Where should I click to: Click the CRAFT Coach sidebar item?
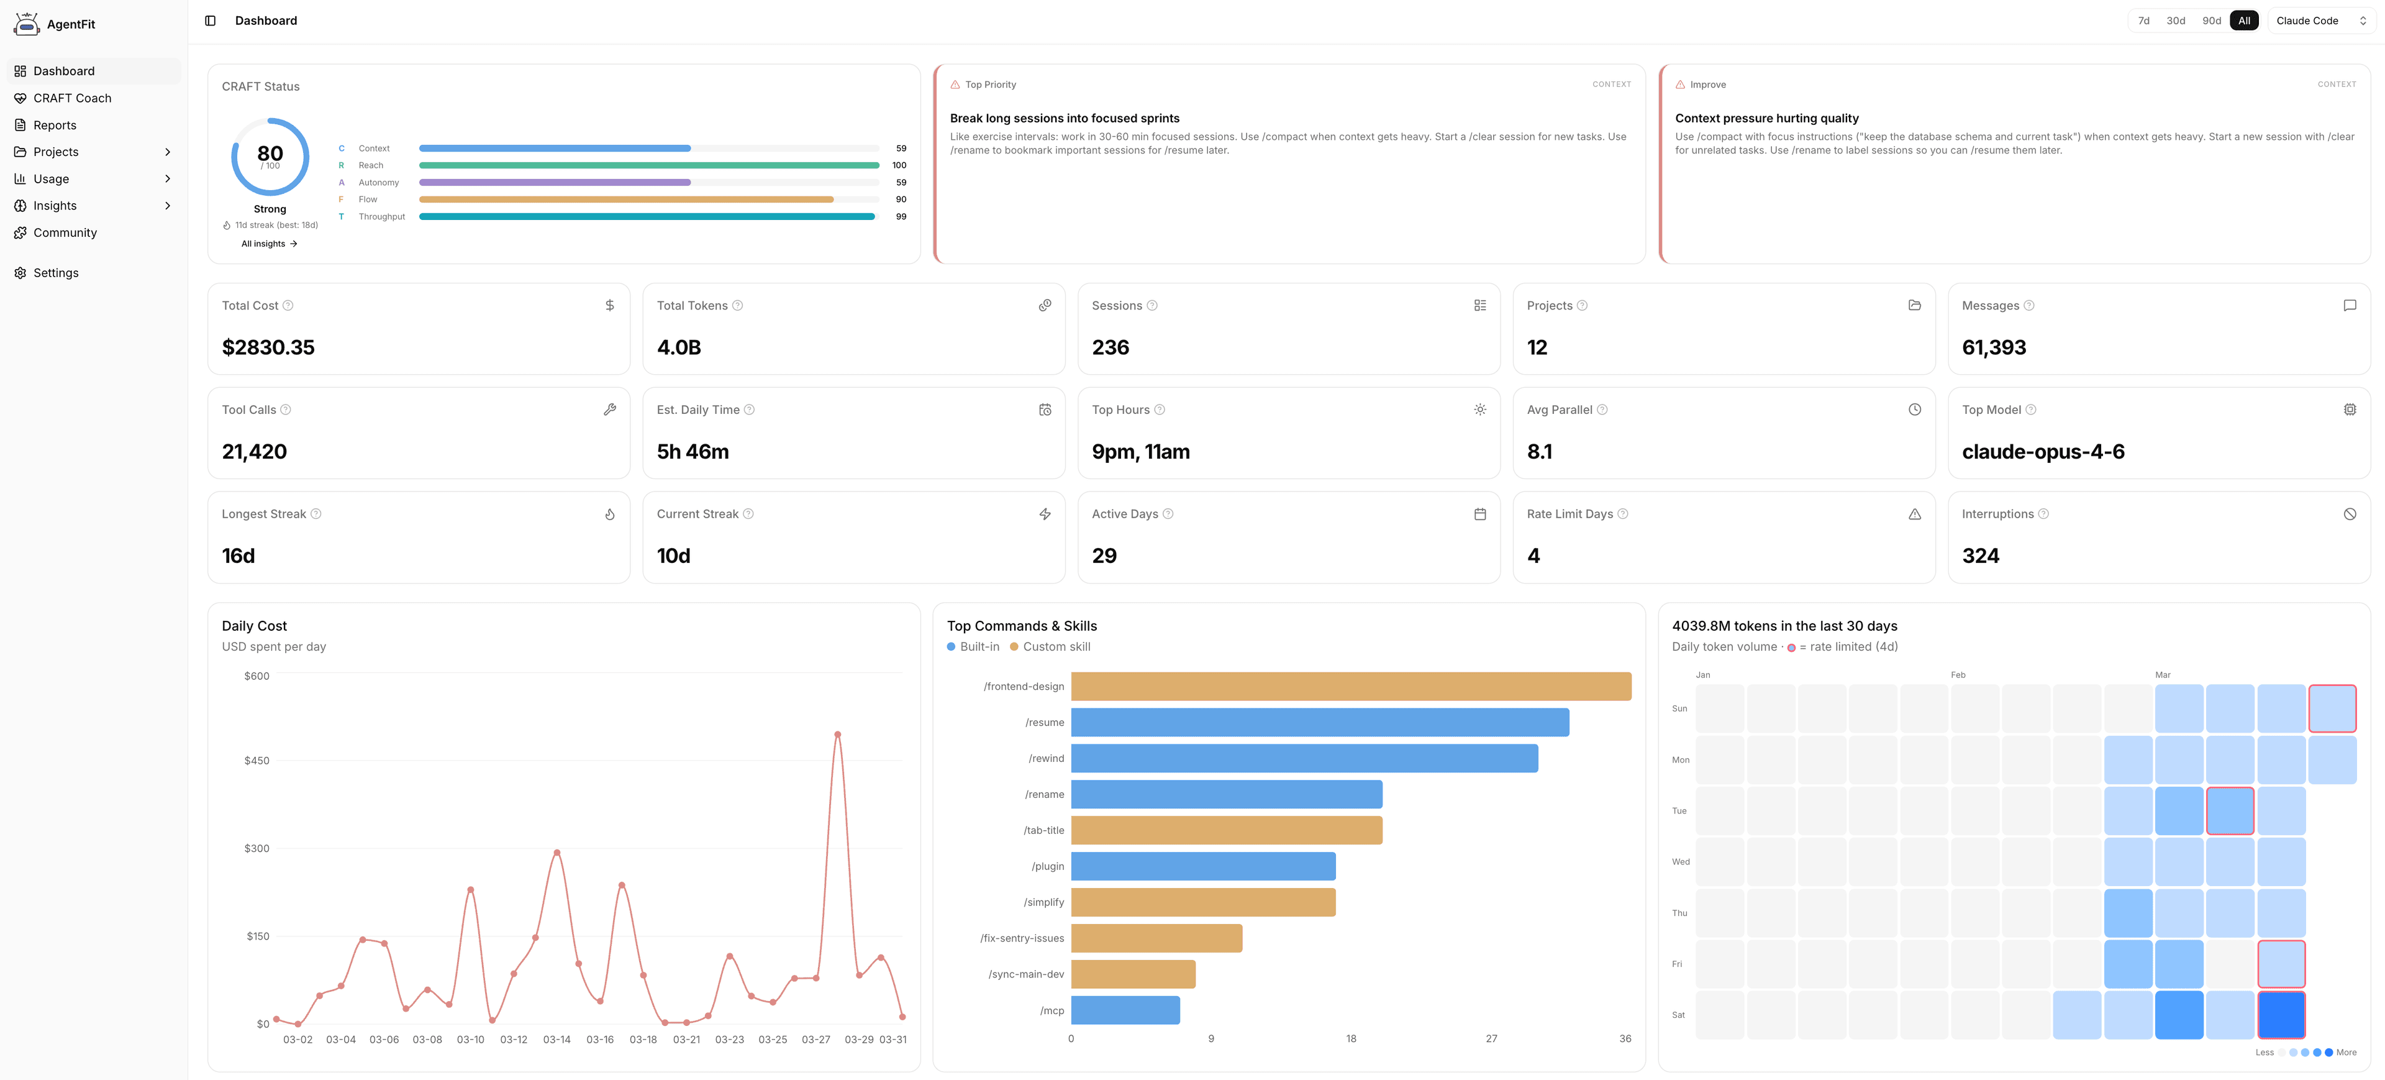point(71,98)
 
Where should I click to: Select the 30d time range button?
point(2175,21)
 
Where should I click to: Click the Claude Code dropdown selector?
point(2320,21)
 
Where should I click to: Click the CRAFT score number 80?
point(270,153)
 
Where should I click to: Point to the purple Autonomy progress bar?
point(555,183)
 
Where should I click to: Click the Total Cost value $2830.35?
point(268,347)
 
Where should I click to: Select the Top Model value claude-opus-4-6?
point(2042,452)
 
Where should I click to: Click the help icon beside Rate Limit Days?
point(1622,514)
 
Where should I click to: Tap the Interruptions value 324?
point(1981,556)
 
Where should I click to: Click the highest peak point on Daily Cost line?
point(837,734)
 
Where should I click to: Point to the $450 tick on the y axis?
point(257,761)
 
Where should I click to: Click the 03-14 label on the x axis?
point(556,1039)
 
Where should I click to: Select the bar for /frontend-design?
point(1350,687)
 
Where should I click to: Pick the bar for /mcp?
point(1125,1010)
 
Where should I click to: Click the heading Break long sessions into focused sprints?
point(1064,119)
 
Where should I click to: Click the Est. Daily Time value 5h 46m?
point(693,452)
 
